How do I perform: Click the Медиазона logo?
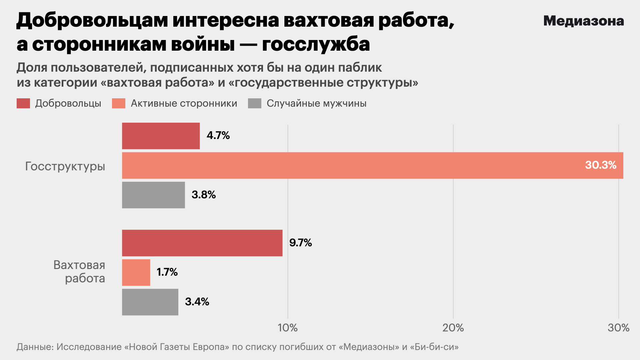tap(583, 21)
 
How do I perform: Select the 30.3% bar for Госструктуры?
tap(367, 165)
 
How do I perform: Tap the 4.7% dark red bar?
tap(161, 136)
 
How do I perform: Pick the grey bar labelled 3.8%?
tap(153, 195)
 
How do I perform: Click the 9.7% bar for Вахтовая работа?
tap(202, 243)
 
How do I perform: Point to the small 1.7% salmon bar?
tap(136, 272)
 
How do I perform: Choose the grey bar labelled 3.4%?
tap(150, 302)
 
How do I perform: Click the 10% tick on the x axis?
tap(288, 328)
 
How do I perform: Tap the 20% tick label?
tap(453, 328)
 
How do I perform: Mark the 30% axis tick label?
tap(618, 328)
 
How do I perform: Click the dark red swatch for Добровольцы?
tap(23, 103)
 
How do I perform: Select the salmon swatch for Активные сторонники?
tap(119, 103)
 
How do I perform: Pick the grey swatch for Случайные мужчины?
tap(255, 103)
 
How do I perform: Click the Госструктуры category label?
tap(65, 166)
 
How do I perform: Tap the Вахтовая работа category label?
tap(79, 272)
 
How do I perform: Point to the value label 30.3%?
tap(601, 165)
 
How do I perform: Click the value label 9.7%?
tap(300, 243)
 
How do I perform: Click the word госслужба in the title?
tap(316, 44)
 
